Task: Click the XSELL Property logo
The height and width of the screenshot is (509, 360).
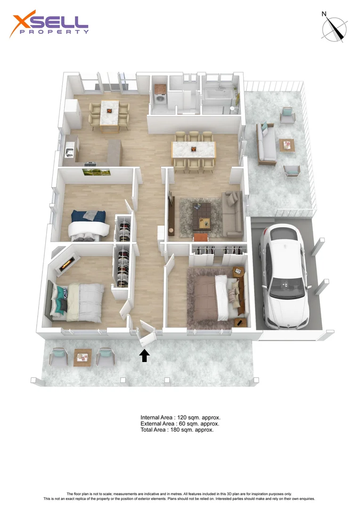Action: click(49, 25)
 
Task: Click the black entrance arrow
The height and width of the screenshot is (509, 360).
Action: click(145, 355)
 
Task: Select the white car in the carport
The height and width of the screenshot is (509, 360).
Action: click(284, 276)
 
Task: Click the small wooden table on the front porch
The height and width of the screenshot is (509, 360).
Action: click(82, 357)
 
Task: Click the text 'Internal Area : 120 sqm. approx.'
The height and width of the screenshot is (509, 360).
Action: click(180, 418)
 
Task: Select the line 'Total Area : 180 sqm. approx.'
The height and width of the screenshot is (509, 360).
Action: click(177, 430)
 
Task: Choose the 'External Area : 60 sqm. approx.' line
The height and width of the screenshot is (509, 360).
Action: click(180, 424)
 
